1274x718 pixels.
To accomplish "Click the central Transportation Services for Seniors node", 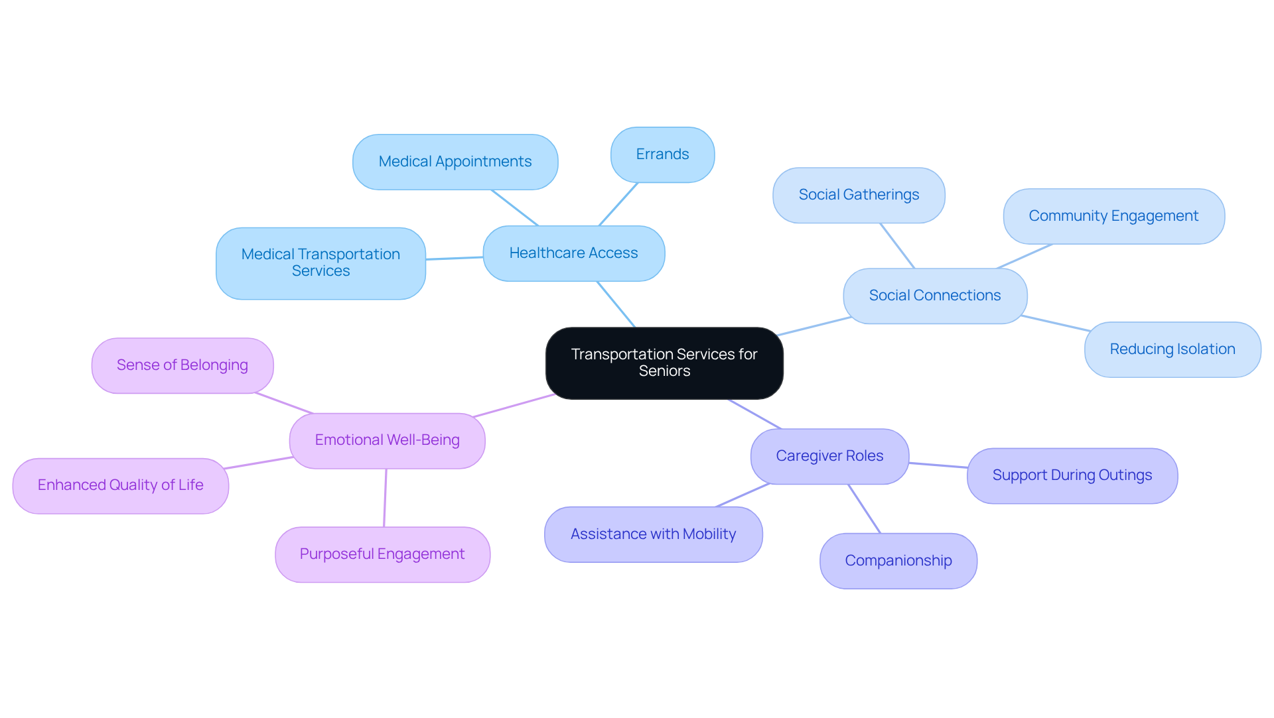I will (x=664, y=363).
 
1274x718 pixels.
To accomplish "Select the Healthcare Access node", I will (x=573, y=253).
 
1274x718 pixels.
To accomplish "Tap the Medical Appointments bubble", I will (x=455, y=162).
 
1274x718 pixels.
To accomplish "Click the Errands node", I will (x=662, y=154).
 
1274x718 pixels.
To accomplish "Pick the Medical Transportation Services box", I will (x=320, y=263).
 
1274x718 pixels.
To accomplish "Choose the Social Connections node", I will (x=935, y=296).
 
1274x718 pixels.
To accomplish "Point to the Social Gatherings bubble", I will (x=859, y=195).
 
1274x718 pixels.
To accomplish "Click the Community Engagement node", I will (x=1113, y=216).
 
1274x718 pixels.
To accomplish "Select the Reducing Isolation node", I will (x=1172, y=349).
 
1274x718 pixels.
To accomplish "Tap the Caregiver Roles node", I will (x=829, y=456).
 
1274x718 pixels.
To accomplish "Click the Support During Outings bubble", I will (x=1072, y=475).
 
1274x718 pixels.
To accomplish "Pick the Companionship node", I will (x=898, y=561).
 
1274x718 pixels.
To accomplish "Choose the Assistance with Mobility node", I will (x=653, y=534).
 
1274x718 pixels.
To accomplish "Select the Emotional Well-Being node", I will (x=387, y=440).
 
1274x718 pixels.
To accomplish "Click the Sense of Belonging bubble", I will (x=182, y=365).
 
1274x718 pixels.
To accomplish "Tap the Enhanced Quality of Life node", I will (x=121, y=485).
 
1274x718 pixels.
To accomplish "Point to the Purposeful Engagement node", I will (x=382, y=554).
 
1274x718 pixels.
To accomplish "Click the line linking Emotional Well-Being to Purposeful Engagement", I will (x=385, y=498).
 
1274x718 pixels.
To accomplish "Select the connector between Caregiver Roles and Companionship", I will (x=864, y=509).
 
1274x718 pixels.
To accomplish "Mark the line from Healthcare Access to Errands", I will (x=618, y=204).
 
